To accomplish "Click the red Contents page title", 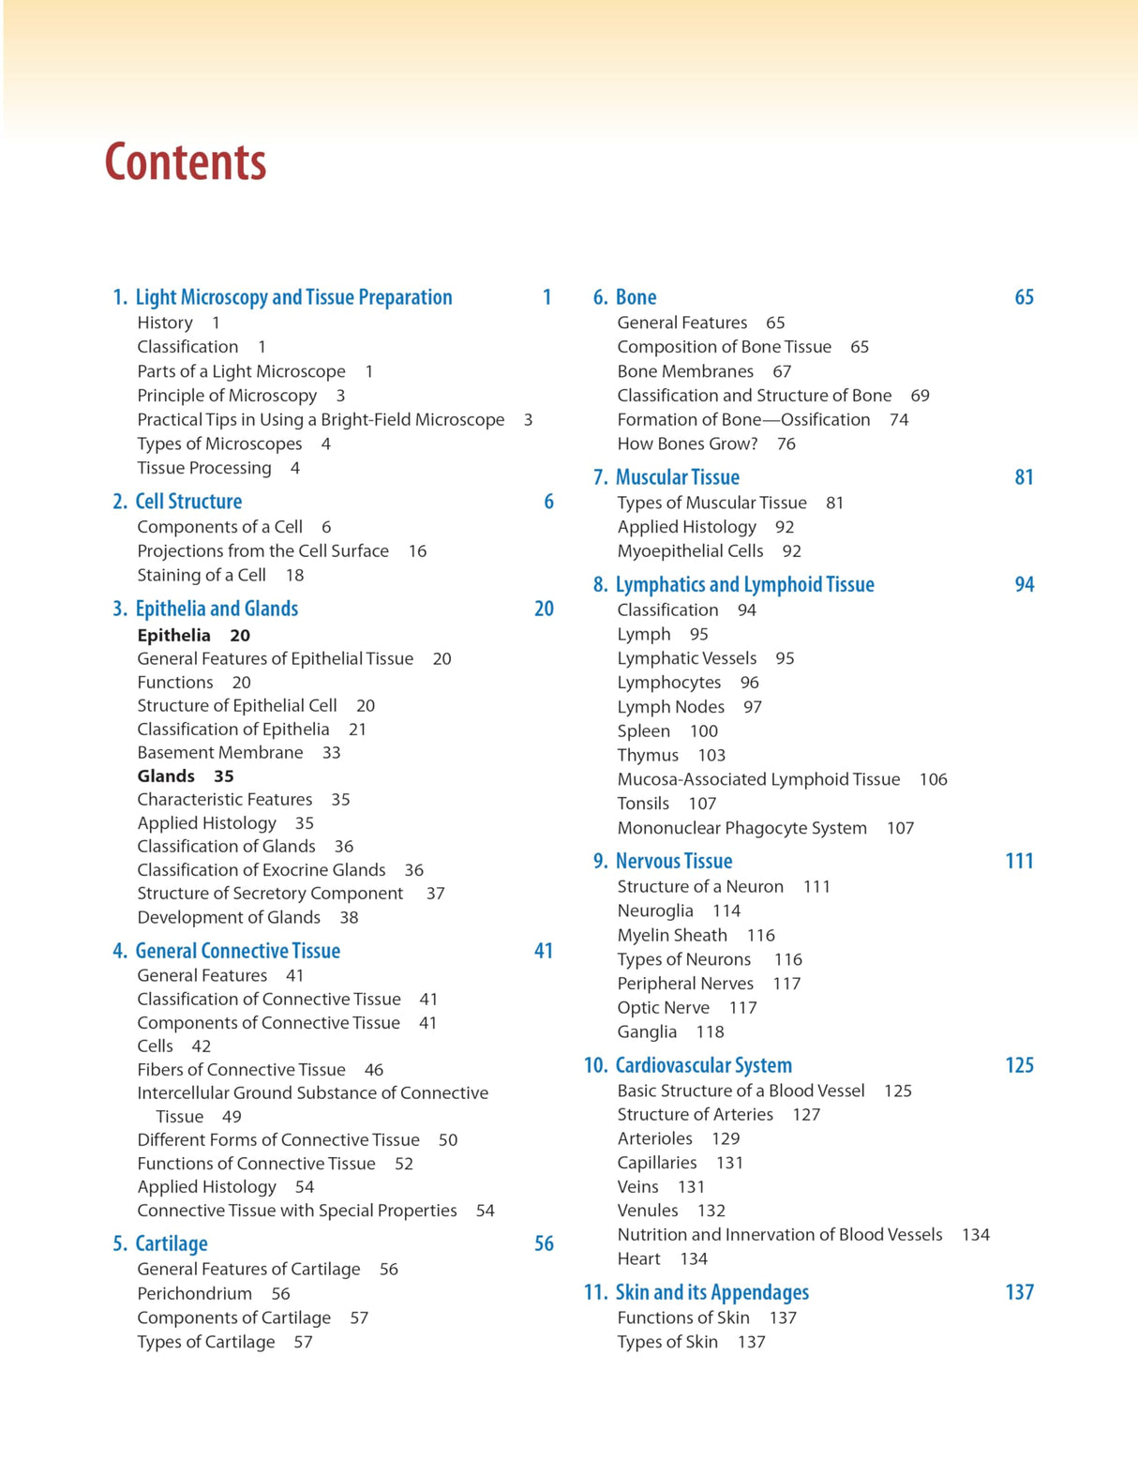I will (186, 162).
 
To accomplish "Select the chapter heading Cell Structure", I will (188, 502).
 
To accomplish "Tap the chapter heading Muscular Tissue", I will (677, 477).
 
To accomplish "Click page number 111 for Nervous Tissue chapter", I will (1019, 861).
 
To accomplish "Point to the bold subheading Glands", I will (166, 776).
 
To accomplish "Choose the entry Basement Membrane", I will (220, 753).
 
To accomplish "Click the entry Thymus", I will (648, 756).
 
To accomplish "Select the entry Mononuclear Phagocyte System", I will (741, 828).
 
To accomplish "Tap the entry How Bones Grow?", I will (687, 444).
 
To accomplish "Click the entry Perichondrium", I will (194, 1294).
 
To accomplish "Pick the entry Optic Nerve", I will (663, 1008).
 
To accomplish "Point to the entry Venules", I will (648, 1211).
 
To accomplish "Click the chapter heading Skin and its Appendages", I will (711, 1292).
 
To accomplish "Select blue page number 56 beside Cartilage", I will (544, 1243).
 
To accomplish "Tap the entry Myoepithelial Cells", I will (690, 551).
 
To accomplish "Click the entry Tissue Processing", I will (204, 468).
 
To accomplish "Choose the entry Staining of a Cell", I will (202, 576).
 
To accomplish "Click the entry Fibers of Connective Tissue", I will (241, 1070).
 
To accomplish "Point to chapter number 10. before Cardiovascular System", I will (596, 1065).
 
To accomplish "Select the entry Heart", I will (638, 1259).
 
